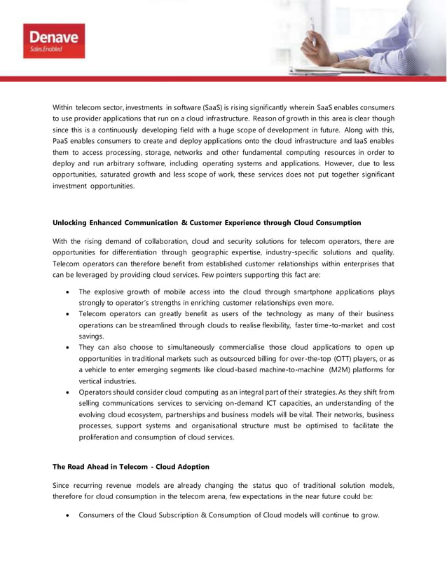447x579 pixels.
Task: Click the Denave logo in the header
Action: click(x=53, y=39)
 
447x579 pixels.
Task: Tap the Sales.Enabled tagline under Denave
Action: click(x=46, y=49)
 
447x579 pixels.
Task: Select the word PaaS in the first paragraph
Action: click(x=64, y=141)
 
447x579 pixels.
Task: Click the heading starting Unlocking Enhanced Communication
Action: click(x=207, y=222)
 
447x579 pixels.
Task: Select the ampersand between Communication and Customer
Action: click(x=184, y=222)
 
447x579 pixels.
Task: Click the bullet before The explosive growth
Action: click(x=66, y=291)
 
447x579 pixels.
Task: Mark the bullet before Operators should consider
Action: click(x=66, y=392)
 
